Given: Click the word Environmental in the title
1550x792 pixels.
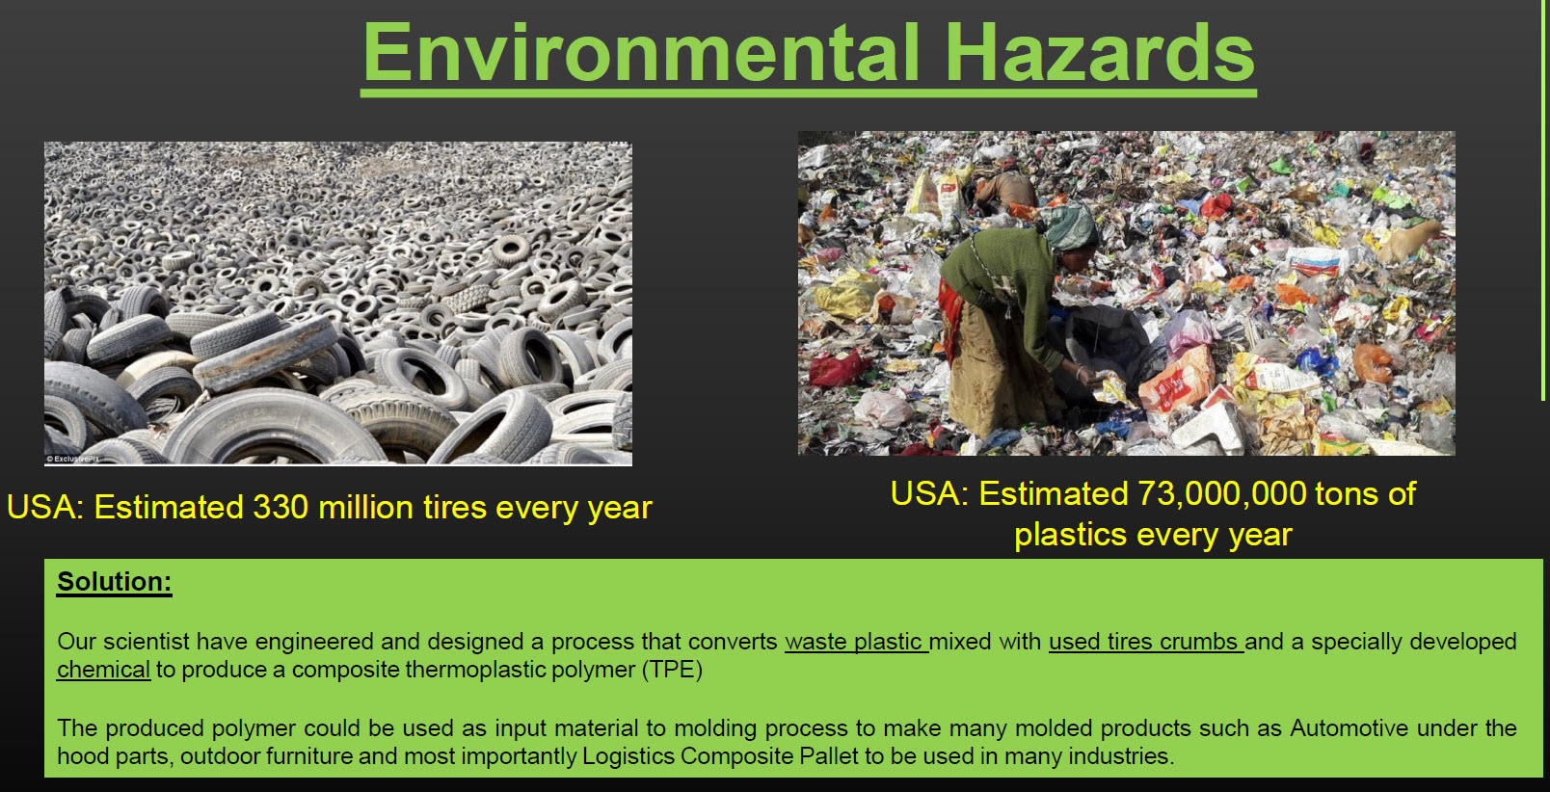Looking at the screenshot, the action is point(641,53).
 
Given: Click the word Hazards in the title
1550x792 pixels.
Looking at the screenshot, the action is point(1100,53).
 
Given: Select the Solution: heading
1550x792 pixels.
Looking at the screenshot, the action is point(114,582).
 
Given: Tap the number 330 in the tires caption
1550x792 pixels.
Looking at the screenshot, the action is point(281,507).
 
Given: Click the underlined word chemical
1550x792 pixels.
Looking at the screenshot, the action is point(103,670).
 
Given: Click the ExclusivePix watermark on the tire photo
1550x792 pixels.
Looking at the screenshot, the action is point(73,459).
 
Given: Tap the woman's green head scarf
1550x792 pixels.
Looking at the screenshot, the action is point(1071,225).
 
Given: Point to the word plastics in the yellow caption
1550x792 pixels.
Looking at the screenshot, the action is point(1071,535).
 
